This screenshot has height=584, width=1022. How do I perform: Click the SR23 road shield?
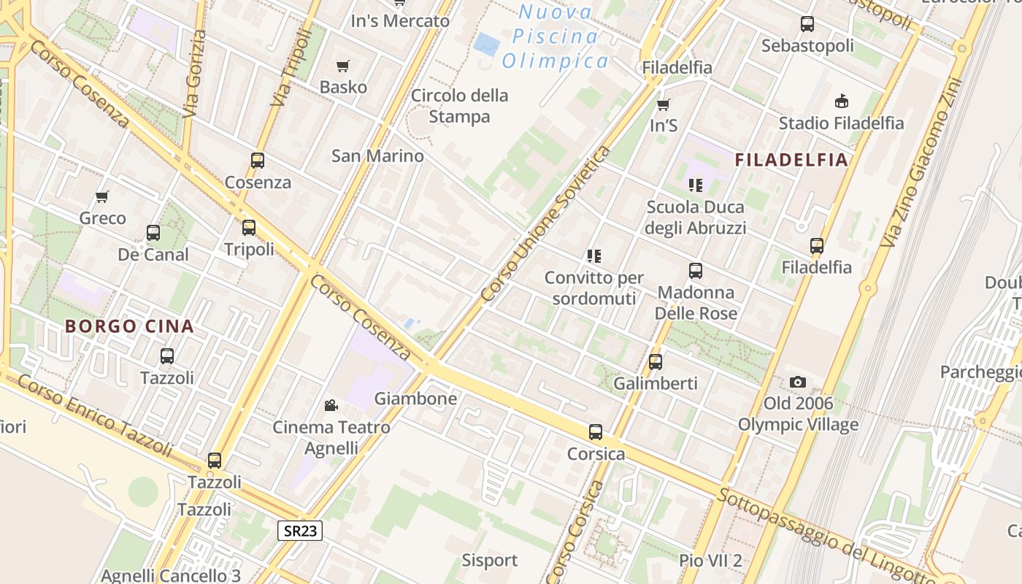pos(300,531)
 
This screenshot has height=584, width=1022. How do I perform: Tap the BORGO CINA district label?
pos(129,326)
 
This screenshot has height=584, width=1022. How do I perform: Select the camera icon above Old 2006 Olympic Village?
pos(798,382)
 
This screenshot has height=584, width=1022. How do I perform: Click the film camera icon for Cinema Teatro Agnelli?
pos(331,405)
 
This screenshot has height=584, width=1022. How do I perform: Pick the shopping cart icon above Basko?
pos(343,66)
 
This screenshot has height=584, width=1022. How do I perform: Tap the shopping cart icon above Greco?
pos(102,196)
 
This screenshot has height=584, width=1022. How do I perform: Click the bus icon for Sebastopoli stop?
pos(807,24)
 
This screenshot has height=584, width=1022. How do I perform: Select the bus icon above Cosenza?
pos(258,161)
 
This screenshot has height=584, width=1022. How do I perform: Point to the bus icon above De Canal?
pos(153,233)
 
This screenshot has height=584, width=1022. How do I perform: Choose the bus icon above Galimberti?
pos(656,361)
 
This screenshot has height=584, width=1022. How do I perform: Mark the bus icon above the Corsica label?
pos(596,432)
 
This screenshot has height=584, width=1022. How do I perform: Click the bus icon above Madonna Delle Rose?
pos(696,271)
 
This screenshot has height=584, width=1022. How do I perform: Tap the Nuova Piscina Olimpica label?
pos(555,36)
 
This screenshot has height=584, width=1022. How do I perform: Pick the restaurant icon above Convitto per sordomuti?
pos(594,255)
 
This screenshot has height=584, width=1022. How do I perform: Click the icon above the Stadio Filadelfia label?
pos(842,101)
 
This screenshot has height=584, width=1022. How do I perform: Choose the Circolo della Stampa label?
pos(459,106)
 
